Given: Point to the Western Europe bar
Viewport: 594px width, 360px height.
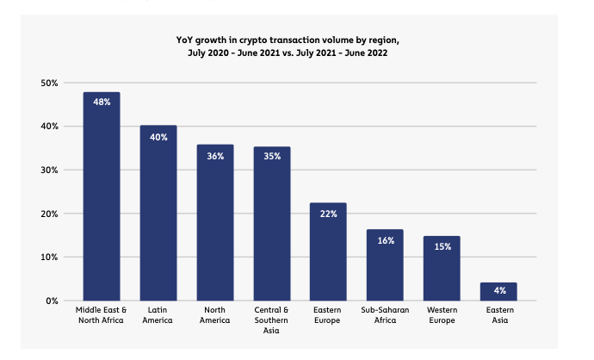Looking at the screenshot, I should [442, 268].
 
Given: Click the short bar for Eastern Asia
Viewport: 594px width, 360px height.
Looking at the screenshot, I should [498, 291].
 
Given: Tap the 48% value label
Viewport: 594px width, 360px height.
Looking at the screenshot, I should [102, 102].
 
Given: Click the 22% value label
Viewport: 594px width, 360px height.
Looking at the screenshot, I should [328, 213].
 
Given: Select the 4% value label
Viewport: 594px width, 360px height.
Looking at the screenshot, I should [498, 291].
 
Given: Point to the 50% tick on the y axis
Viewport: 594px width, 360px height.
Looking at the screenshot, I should [48, 83].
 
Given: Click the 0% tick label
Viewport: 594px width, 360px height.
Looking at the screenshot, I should [52, 301].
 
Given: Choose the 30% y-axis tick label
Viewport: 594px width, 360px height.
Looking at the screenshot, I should [48, 170].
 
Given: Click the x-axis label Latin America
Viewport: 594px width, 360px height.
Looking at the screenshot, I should [158, 314].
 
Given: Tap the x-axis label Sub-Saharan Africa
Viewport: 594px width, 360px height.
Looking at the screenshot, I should [385, 314].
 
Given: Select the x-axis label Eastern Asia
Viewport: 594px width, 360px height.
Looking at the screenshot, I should [498, 314].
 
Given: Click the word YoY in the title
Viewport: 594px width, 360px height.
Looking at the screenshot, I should [185, 39].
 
